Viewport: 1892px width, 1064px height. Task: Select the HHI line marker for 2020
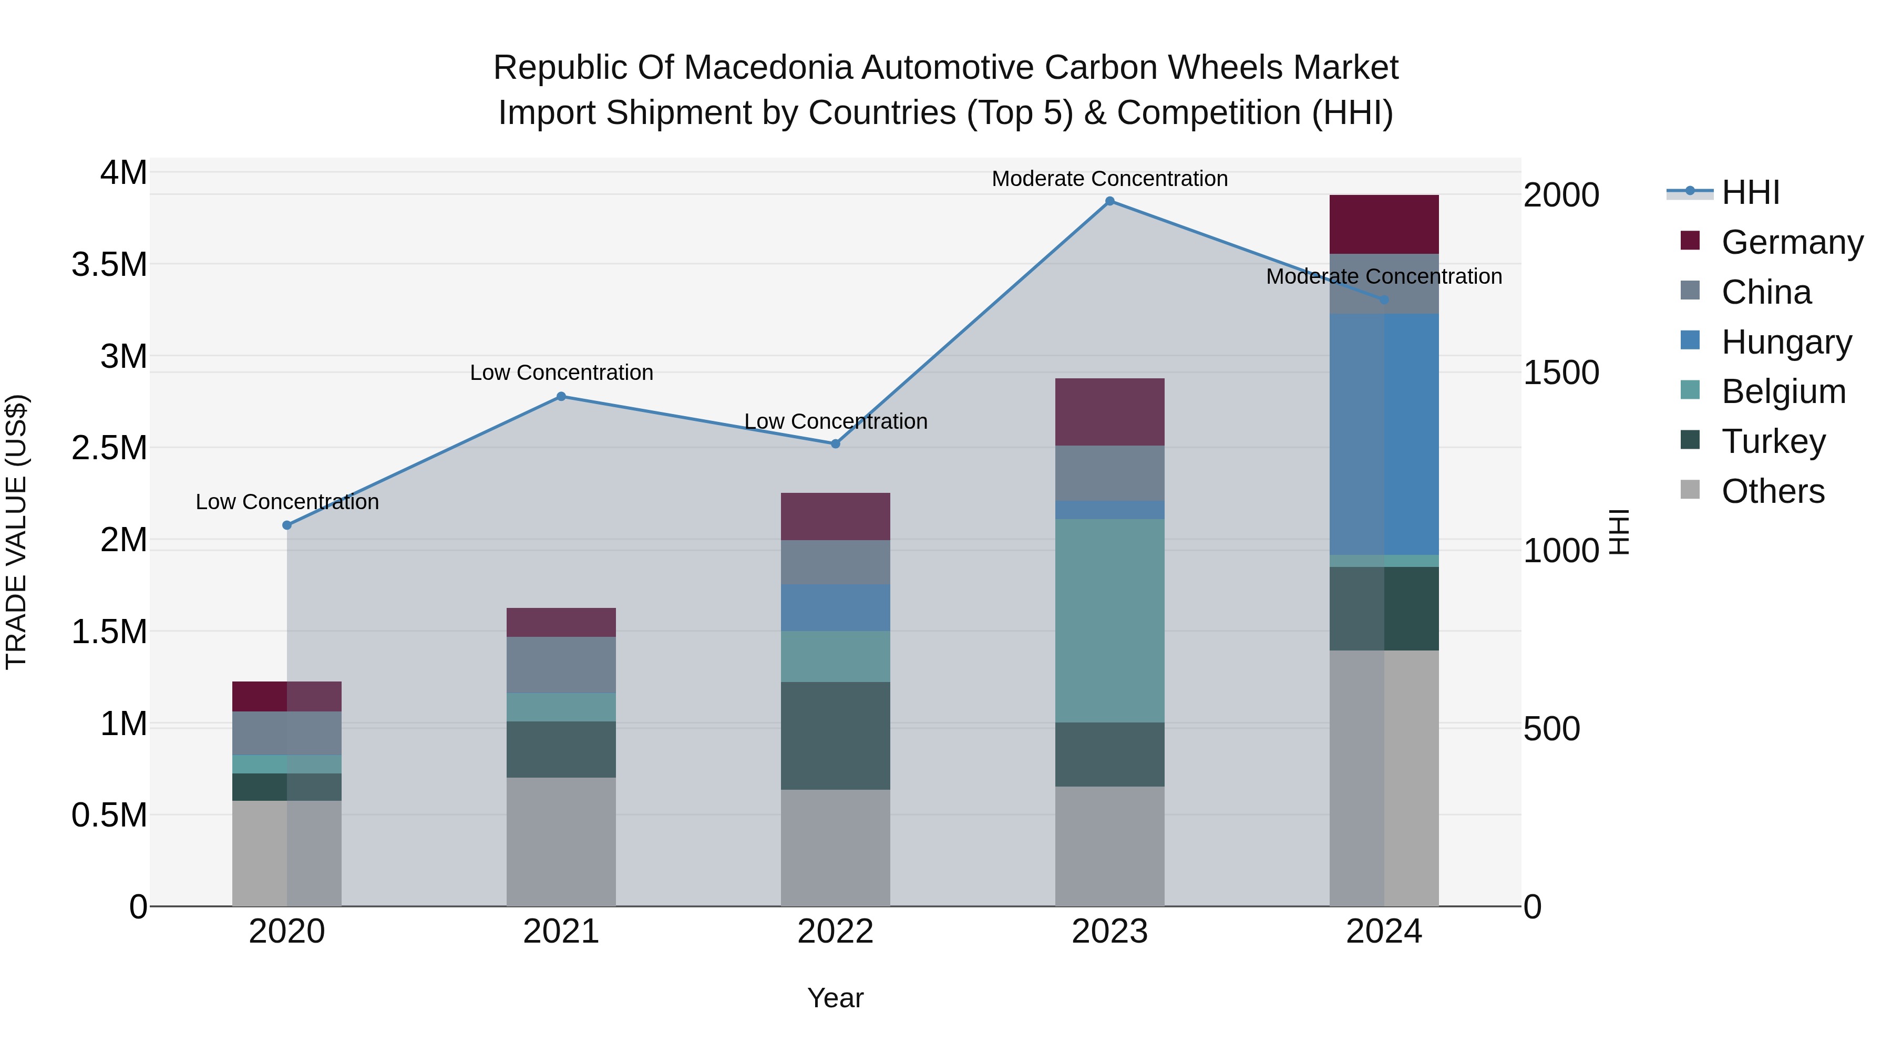[x=287, y=525]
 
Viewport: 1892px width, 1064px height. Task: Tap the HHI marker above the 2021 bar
[x=561, y=397]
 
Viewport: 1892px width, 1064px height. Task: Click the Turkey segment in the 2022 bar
[x=835, y=735]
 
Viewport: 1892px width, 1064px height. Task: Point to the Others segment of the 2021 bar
[x=561, y=842]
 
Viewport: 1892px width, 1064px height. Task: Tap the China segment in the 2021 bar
[x=561, y=665]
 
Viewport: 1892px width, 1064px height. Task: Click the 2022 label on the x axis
[x=835, y=932]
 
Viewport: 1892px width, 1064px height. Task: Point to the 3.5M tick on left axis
[x=109, y=264]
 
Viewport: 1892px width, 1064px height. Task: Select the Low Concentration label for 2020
[x=287, y=502]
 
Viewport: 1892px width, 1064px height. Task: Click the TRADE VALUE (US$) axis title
[x=16, y=532]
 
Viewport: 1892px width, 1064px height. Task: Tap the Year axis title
[x=835, y=998]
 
